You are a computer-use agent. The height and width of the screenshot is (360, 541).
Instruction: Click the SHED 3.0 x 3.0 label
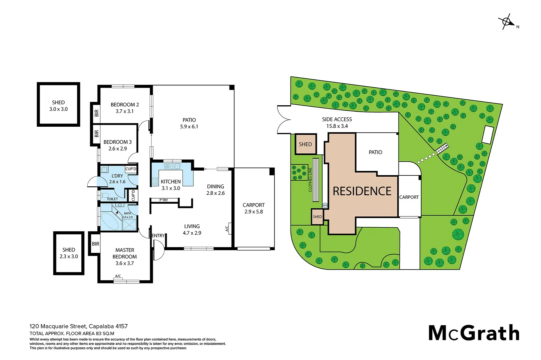point(58,106)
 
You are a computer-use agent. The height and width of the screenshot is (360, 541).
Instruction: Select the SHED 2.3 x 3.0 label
point(69,253)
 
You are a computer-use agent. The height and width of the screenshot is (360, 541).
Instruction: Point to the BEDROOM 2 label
point(125,105)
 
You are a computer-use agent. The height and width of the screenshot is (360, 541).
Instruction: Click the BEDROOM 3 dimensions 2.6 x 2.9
point(117,149)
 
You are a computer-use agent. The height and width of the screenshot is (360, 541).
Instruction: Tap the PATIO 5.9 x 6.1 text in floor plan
point(189,123)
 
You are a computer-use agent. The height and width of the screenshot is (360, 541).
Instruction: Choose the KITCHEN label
point(171,182)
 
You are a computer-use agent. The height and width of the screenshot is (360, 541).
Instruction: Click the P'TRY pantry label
point(164,200)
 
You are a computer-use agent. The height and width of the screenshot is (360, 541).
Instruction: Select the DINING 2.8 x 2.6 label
point(215,190)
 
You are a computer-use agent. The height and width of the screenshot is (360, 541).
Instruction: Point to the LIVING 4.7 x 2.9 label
point(192,230)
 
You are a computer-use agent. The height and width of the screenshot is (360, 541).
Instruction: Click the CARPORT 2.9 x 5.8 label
point(253,208)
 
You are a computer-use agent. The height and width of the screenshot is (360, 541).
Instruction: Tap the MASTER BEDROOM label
point(125,253)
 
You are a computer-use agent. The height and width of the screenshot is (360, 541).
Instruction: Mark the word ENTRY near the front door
point(158,236)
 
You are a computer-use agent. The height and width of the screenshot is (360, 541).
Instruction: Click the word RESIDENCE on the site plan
point(362,191)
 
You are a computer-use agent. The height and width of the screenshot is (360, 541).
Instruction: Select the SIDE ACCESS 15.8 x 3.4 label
point(337,122)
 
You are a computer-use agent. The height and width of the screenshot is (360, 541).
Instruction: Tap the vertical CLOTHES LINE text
point(310,180)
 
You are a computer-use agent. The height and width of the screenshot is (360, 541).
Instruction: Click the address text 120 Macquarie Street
point(58,326)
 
